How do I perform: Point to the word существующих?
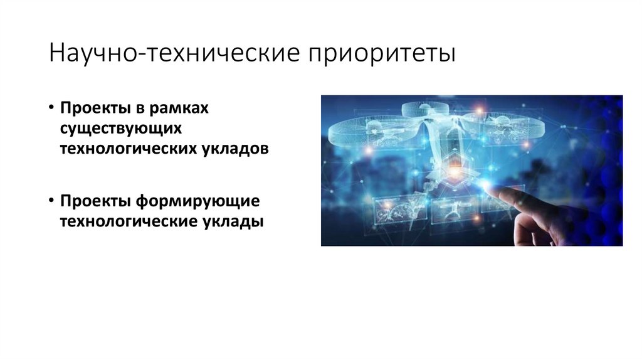(x=121, y=128)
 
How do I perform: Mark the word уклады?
(x=233, y=222)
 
